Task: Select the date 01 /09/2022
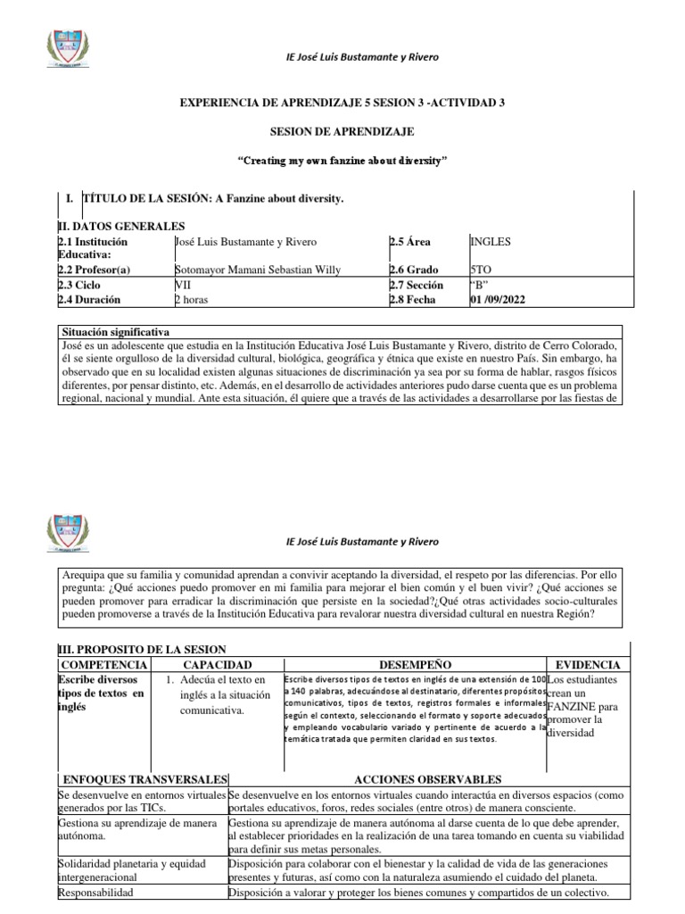click(498, 300)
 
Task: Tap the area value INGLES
click(491, 241)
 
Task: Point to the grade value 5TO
click(480, 270)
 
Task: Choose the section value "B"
click(481, 286)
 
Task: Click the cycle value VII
click(183, 286)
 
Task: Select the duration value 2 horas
click(191, 300)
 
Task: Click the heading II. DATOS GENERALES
click(120, 227)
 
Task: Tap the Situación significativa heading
click(112, 331)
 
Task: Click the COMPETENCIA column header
click(101, 665)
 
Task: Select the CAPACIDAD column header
click(218, 665)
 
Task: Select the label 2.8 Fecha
click(413, 300)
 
